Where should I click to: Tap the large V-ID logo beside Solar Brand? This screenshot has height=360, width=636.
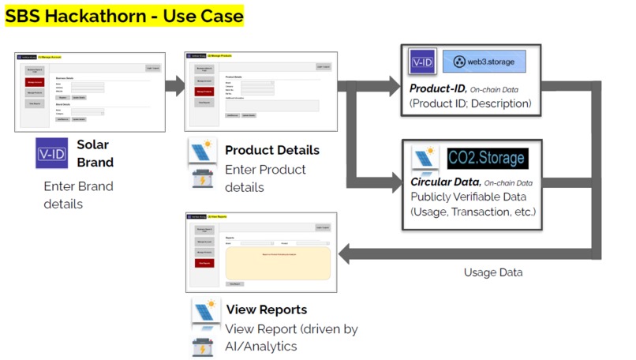51,153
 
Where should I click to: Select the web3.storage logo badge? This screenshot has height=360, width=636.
484,62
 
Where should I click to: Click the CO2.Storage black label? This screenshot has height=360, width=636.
487,158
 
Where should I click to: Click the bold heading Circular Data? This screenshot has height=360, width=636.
444,182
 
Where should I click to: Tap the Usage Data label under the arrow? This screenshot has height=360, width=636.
492,272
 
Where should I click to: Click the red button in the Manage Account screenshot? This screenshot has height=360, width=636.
35,81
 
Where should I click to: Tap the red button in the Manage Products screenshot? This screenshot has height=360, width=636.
204,92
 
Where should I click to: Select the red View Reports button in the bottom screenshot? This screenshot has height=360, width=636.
204,263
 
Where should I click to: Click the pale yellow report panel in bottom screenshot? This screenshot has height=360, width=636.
277,263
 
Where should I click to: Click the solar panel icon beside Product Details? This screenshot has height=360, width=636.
203,151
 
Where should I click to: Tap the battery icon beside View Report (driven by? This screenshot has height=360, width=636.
203,345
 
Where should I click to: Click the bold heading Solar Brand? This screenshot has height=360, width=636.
95,153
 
